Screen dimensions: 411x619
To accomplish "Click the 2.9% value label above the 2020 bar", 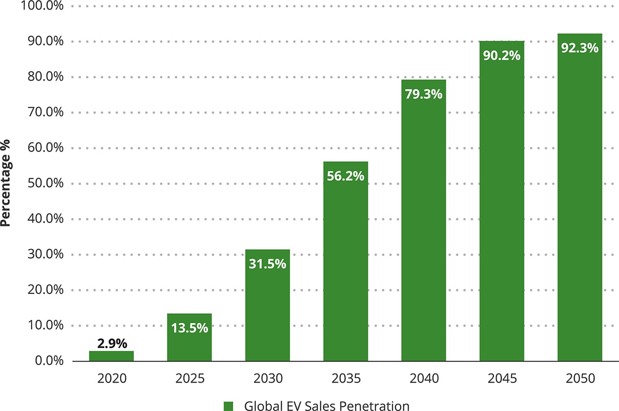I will [x=111, y=343].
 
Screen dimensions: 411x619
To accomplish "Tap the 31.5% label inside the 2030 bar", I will [x=267, y=263].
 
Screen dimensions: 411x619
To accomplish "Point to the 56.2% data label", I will [x=346, y=176].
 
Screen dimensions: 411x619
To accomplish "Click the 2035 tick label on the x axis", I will [x=346, y=378].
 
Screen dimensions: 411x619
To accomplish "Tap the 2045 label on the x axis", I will [x=501, y=378].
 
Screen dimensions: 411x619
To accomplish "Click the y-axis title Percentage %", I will [x=7, y=183].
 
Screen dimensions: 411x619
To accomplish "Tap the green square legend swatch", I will [x=228, y=406].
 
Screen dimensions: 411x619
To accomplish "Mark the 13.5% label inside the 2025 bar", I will [x=189, y=327].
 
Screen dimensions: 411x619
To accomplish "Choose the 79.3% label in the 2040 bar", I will [x=423, y=94].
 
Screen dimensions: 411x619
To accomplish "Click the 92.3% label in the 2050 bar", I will [x=580, y=48].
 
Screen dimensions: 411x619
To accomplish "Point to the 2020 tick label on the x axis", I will [x=111, y=378].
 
